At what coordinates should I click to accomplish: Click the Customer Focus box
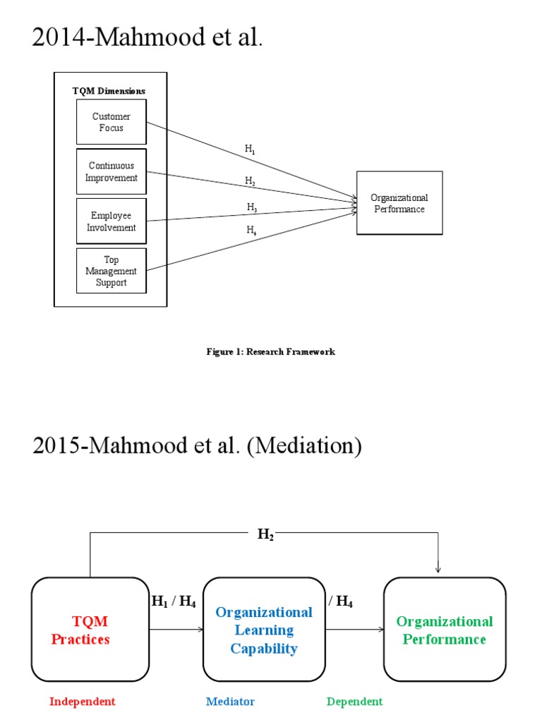coord(112,122)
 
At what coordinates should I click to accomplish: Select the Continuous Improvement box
coord(112,171)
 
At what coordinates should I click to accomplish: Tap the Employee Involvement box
coord(112,221)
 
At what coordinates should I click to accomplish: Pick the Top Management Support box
coord(112,271)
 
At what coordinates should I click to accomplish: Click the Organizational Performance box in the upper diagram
coord(399,203)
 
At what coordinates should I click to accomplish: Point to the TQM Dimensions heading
coord(109,90)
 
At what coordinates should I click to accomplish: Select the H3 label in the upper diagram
coord(252,207)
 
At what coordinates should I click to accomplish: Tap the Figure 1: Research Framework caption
coord(270,351)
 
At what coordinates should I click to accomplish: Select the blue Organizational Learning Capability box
coord(264,630)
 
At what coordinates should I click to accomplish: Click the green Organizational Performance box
coord(445,630)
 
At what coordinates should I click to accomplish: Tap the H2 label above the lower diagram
coord(265,536)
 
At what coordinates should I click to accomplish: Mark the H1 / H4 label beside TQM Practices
coord(174,602)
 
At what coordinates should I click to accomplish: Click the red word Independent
coord(83,702)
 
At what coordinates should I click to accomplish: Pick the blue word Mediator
coord(230,702)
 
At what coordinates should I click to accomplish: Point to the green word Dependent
coord(354,702)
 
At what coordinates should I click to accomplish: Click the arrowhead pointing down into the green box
coord(439,570)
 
